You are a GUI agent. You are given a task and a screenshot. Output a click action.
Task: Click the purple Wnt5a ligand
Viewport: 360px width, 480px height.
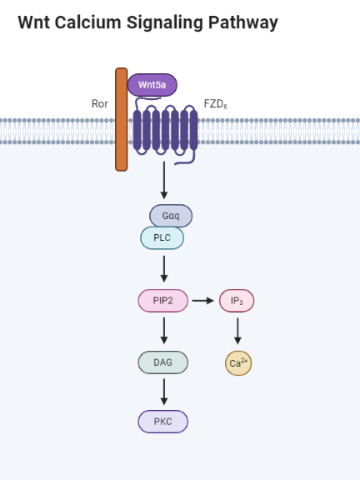tap(152, 85)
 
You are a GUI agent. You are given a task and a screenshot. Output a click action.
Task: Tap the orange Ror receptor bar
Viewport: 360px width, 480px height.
tap(122, 119)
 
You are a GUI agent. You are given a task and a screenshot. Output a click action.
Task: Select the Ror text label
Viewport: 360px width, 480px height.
tap(100, 104)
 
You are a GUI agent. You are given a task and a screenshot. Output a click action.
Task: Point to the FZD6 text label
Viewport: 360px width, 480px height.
tap(215, 104)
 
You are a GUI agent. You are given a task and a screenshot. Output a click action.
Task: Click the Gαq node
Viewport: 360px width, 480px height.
tap(171, 216)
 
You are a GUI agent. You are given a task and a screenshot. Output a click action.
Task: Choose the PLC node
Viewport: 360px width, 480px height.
tap(162, 238)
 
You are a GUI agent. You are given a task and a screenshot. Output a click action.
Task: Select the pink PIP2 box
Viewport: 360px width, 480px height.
tap(162, 300)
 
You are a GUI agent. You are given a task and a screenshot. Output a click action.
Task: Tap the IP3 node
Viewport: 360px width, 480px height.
tap(237, 300)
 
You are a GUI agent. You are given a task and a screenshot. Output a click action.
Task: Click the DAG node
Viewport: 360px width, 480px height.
tap(162, 362)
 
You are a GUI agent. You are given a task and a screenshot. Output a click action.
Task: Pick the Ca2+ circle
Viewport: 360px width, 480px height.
tap(238, 363)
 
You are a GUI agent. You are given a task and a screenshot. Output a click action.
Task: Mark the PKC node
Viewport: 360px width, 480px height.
tap(162, 422)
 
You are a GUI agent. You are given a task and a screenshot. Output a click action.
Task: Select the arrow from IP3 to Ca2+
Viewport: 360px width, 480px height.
tap(237, 331)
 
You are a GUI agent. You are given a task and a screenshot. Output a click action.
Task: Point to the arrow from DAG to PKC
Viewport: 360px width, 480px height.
tap(164, 392)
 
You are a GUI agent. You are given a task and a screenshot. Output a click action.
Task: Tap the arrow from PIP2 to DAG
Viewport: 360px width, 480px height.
tap(164, 330)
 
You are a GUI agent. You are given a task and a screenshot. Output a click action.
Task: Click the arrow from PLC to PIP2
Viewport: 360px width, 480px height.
tap(164, 268)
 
